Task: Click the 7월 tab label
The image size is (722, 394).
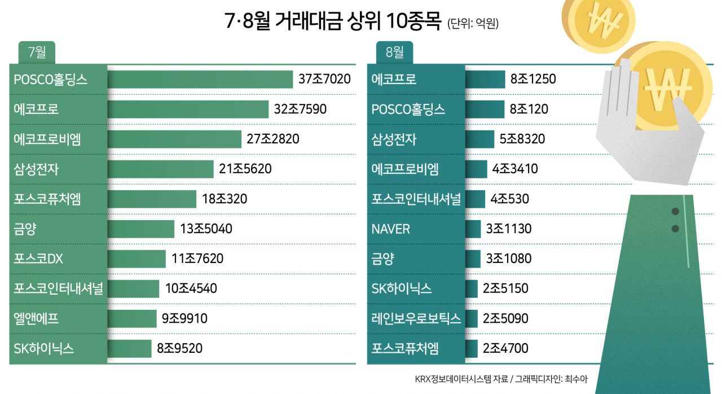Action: click(x=37, y=52)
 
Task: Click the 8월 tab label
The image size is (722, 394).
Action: click(x=394, y=52)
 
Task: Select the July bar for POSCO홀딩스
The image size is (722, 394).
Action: click(x=200, y=80)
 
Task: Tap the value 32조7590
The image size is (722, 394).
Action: click(x=300, y=109)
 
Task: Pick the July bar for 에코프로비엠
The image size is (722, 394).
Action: click(x=174, y=139)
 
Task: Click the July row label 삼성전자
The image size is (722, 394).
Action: click(x=36, y=169)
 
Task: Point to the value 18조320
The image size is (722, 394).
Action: click(x=224, y=199)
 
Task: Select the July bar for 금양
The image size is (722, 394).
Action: click(x=141, y=229)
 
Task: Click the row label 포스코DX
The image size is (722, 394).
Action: click(x=38, y=259)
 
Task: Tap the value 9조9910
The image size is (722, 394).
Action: click(x=184, y=318)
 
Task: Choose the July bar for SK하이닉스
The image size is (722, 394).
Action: click(x=129, y=348)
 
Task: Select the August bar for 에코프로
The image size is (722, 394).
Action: click(x=485, y=80)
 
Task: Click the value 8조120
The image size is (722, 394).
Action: click(x=529, y=109)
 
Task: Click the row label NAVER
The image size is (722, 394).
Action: click(x=391, y=229)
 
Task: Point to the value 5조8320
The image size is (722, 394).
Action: click(x=522, y=139)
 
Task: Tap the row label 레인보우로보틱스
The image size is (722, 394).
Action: click(x=416, y=318)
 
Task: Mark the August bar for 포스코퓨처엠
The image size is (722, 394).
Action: click(x=471, y=348)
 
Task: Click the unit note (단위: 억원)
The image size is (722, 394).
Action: click(x=473, y=23)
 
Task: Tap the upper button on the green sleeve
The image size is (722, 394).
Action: click(x=675, y=212)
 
